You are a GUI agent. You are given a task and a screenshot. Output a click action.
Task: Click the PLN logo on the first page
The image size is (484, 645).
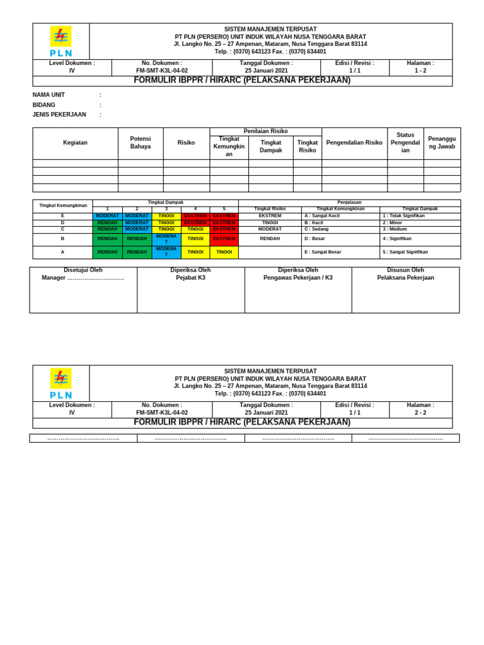pos(61,42)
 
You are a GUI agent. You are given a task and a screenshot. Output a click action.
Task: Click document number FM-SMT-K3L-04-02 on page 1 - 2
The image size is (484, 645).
pos(162,71)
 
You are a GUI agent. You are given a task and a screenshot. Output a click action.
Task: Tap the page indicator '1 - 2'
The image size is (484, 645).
pos(420,71)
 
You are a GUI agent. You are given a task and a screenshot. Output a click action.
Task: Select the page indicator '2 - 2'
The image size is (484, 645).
pos(420,413)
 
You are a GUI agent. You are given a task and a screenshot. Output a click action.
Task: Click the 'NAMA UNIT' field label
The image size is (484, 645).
pos(49,95)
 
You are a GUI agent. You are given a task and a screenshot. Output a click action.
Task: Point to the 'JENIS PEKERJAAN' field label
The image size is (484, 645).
pos(59,115)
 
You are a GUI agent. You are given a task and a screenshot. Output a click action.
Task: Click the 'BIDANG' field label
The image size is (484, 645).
pos(44,105)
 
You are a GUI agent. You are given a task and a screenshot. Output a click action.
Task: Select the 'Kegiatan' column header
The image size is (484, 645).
pos(75,143)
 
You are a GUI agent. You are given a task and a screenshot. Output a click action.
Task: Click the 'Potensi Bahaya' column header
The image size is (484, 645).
pos(141,143)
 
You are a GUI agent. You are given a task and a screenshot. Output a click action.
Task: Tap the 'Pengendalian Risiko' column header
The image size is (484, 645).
pos(354,143)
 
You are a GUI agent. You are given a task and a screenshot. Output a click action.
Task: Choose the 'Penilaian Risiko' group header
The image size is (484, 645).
pos(265,131)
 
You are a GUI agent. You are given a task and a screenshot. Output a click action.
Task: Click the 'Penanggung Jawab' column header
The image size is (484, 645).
pos(442,143)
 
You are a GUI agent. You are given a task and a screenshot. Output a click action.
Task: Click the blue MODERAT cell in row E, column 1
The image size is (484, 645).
pos(107,216)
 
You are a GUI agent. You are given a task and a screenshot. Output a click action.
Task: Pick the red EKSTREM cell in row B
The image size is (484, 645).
pos(224,239)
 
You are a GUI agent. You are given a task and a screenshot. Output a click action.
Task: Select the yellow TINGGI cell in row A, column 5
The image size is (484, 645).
pos(224,252)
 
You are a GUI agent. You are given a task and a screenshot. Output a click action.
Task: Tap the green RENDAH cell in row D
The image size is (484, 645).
pos(107,223)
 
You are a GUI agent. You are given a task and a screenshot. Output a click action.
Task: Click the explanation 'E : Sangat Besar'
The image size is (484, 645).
pos(323,252)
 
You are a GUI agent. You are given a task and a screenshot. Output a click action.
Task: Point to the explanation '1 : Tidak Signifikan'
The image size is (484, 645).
pos(403,216)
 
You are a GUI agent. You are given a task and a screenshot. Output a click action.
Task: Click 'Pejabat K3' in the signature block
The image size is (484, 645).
pos(190,278)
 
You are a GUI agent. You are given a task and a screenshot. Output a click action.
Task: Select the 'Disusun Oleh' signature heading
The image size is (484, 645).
pos(405,270)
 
